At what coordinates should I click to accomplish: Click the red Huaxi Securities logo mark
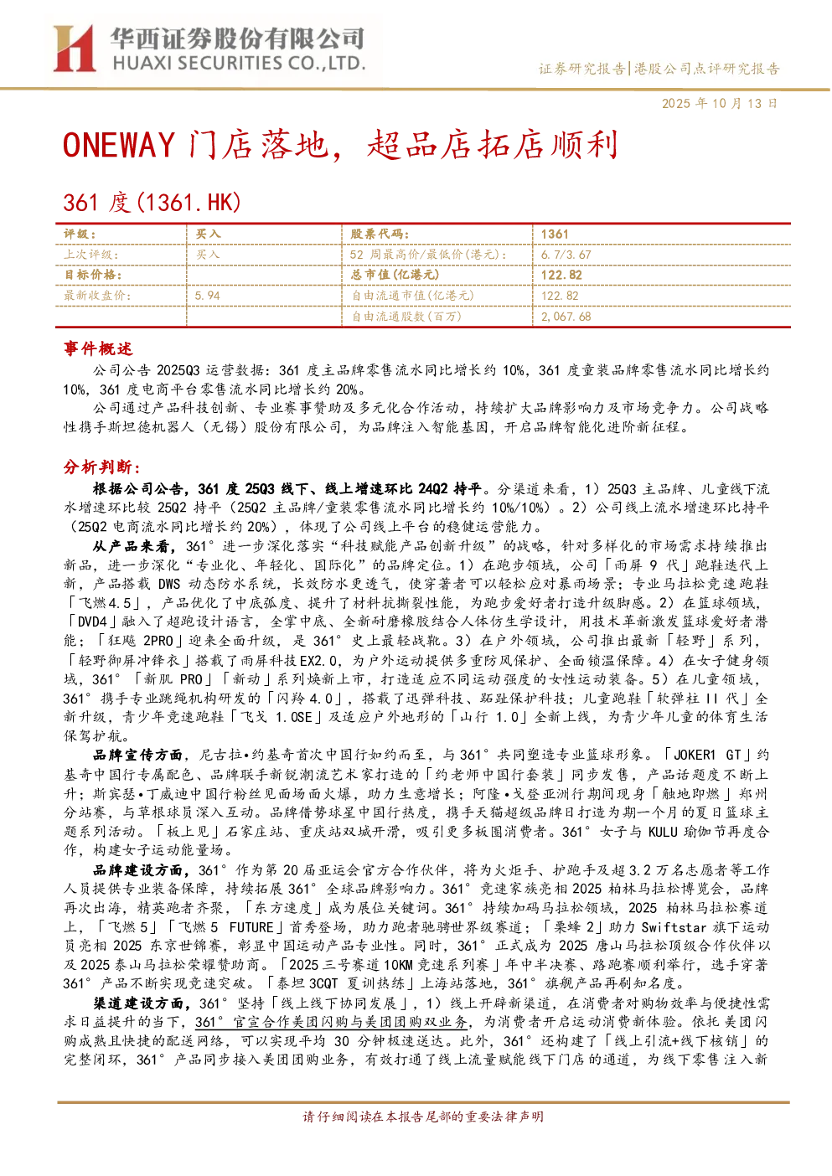click(74, 49)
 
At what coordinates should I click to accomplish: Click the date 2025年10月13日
click(719, 103)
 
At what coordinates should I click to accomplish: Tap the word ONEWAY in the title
click(119, 145)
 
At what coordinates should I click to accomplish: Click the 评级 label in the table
click(80, 235)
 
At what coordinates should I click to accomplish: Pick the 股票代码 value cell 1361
click(555, 235)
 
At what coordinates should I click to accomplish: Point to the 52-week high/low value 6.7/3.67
click(566, 255)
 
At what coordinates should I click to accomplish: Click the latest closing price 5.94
click(208, 296)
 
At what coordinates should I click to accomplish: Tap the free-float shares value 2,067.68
click(566, 317)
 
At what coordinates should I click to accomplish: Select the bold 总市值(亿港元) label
click(395, 275)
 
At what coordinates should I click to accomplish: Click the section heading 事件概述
click(98, 348)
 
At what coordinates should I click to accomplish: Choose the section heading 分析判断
click(102, 467)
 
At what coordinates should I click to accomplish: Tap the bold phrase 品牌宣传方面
click(138, 755)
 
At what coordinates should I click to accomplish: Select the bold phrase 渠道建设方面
click(138, 1003)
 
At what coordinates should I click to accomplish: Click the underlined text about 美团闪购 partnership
click(332, 1023)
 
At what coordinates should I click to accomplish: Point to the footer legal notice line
click(423, 1117)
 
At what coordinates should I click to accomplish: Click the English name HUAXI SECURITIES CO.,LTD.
click(239, 64)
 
